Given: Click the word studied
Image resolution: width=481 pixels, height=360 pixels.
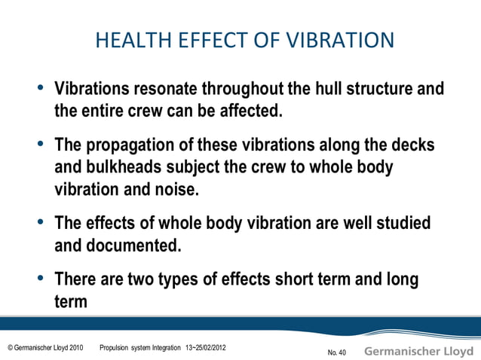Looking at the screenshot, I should [397, 224].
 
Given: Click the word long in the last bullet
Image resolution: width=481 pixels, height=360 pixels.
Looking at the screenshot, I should [403, 279].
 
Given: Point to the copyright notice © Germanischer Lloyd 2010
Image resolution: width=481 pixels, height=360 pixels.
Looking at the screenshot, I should [44, 348].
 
